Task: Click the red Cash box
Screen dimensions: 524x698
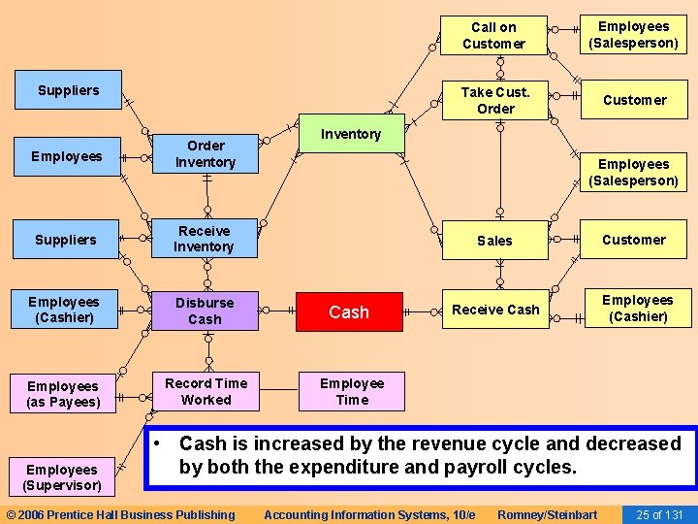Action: coord(349,311)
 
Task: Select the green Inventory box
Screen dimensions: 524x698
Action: coord(350,134)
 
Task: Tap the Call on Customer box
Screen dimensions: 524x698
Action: coord(493,35)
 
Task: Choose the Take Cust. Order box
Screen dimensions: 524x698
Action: coord(494,100)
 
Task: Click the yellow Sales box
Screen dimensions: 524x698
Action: coord(494,240)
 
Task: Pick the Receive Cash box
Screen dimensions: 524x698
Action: coord(495,310)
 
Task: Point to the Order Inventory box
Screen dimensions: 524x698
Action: coord(206,154)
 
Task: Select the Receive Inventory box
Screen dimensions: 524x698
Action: coord(204,239)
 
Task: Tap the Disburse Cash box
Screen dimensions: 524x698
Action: coord(205,311)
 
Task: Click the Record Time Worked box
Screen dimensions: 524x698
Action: coord(206,391)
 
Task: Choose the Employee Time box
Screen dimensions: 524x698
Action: coord(352,391)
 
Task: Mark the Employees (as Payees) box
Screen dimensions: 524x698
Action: coord(64,394)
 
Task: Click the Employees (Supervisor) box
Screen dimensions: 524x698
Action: coord(62,477)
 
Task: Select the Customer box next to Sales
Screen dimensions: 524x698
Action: coord(634,240)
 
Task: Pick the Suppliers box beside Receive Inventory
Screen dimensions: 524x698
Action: coord(66,240)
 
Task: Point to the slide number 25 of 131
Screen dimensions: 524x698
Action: coord(659,514)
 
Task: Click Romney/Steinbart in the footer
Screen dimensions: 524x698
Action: coord(547,514)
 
